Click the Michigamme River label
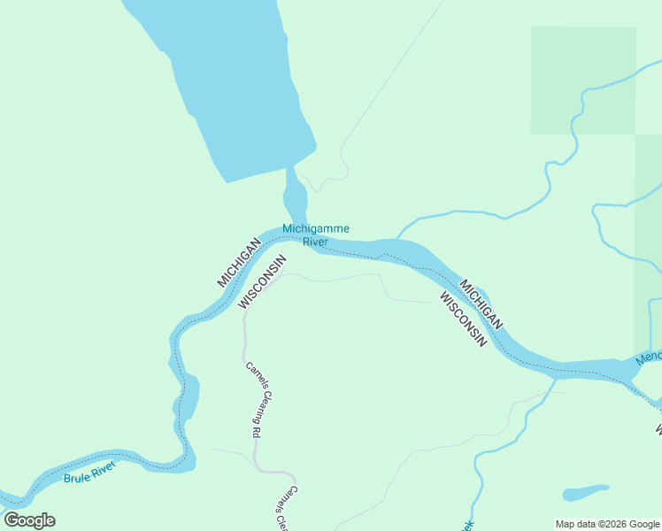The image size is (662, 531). pos(315,235)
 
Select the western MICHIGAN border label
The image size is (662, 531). pos(239,262)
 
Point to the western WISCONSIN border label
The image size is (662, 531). pos(264,282)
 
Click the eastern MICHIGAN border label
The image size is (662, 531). pos(482,304)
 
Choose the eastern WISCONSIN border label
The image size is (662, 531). pos(463,319)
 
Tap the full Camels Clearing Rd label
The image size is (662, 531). pos(253,400)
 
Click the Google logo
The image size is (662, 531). pos(29,520)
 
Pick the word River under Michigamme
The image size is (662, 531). pos(315,242)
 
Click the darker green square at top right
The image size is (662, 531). pos(582,81)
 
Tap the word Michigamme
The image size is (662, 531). pos(315,229)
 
